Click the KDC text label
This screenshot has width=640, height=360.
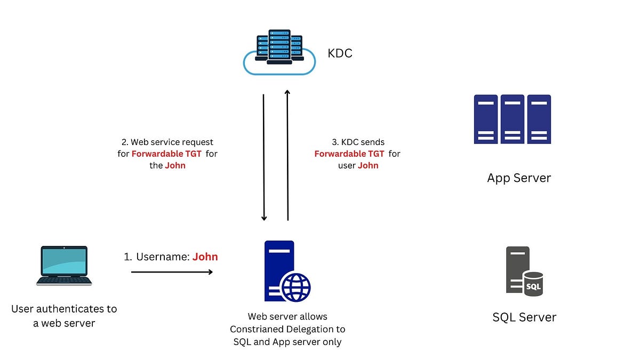tap(340, 54)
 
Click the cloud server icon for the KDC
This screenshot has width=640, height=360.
tap(279, 53)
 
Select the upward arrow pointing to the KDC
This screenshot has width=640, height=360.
tap(287, 155)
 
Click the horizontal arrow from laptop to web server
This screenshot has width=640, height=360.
tap(172, 272)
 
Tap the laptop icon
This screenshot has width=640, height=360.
tap(64, 266)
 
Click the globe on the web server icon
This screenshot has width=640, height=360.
tap(295, 287)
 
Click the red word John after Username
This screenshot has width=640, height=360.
tap(205, 257)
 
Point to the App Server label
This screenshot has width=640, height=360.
tap(518, 178)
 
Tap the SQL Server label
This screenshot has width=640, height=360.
tap(524, 317)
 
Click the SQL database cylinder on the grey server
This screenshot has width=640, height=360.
tap(533, 284)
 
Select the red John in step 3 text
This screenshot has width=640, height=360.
tap(368, 166)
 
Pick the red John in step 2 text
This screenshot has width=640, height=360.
tap(175, 166)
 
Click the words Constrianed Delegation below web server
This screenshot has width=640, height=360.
tap(288, 329)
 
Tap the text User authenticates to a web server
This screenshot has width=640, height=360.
tap(64, 316)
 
